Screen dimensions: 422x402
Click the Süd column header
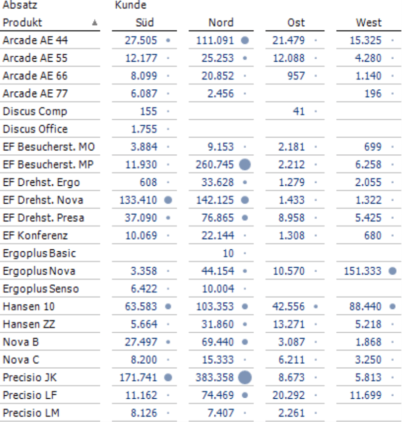coord(145,23)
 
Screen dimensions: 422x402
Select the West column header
coord(369,23)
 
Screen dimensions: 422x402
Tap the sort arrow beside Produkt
coord(94,23)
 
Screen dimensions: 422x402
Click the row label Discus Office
coord(35,129)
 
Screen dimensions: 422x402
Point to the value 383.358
coord(215,377)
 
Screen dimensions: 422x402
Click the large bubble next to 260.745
coord(245,164)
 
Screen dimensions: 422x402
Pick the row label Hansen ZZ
coord(29,324)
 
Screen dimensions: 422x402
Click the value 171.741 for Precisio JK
coord(138,377)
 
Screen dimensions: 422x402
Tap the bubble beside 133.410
coord(168,200)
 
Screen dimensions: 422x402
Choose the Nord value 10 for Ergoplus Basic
coord(228,253)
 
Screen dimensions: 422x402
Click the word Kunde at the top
coord(131,5)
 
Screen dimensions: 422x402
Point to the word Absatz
coord(20,5)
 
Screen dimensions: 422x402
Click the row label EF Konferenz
coord(35,236)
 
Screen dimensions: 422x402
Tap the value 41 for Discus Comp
coord(299,112)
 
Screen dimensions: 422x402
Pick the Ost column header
coord(296,23)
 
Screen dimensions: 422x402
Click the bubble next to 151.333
coord(392,271)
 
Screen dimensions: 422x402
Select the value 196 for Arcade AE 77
coord(373,94)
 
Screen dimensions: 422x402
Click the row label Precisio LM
coord(31,413)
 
